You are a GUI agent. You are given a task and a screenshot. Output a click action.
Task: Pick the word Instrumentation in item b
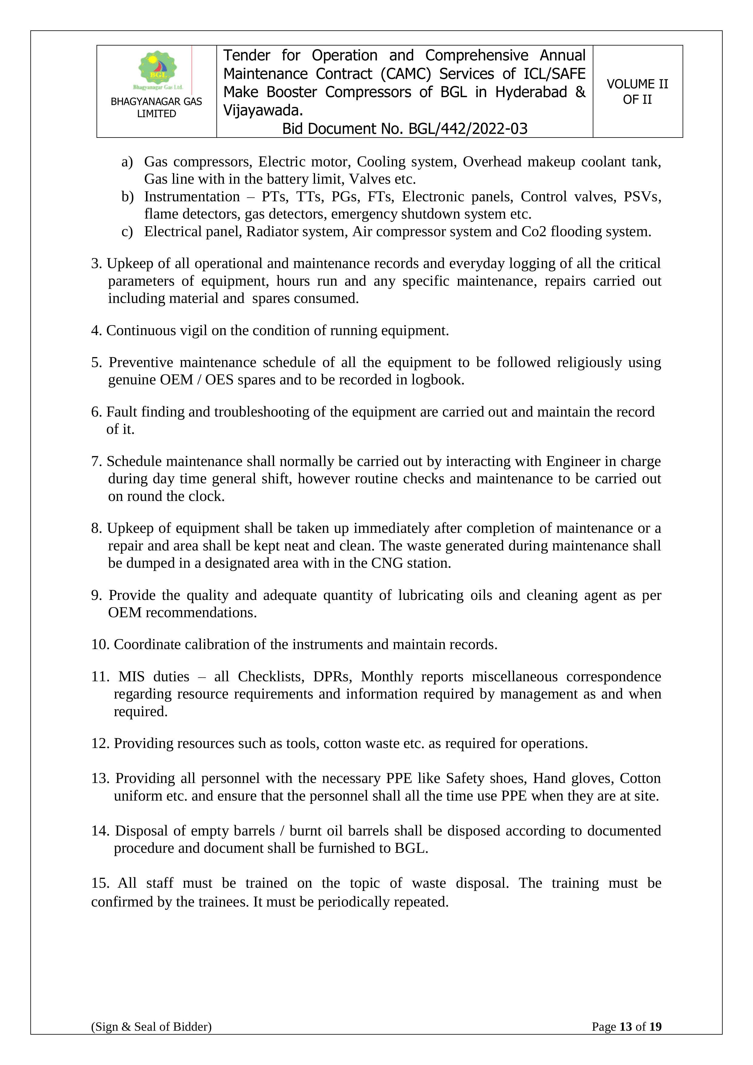point(192,197)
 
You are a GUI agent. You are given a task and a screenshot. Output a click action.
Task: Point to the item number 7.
point(96,461)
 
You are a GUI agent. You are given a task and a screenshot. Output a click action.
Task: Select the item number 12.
point(100,743)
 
